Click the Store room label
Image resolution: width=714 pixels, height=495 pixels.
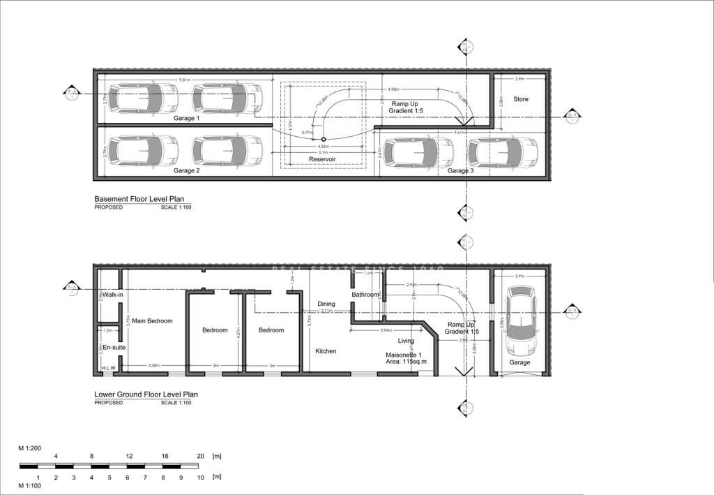click(521, 99)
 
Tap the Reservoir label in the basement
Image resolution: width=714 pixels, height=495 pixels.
click(322, 159)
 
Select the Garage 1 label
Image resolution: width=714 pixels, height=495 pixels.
click(187, 119)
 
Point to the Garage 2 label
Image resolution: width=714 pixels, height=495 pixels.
click(187, 170)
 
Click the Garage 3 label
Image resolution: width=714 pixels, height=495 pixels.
click(461, 170)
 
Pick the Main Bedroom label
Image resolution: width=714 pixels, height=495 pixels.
click(152, 321)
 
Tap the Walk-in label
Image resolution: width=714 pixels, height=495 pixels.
click(113, 295)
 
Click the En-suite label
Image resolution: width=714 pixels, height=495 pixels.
click(113, 347)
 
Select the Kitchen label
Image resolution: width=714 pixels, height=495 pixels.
click(326, 351)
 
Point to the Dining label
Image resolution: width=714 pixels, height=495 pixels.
click(326, 304)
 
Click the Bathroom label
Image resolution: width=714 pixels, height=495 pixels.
click(365, 295)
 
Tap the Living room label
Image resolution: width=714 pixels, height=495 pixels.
click(406, 341)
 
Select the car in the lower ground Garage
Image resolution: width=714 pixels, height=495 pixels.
click(519, 320)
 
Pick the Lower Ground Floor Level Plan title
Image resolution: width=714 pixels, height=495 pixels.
click(146, 394)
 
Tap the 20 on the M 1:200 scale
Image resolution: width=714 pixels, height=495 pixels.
click(199, 456)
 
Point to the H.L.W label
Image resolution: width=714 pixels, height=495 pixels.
click(109, 368)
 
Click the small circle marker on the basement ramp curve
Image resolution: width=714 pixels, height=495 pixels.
click(324, 139)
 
